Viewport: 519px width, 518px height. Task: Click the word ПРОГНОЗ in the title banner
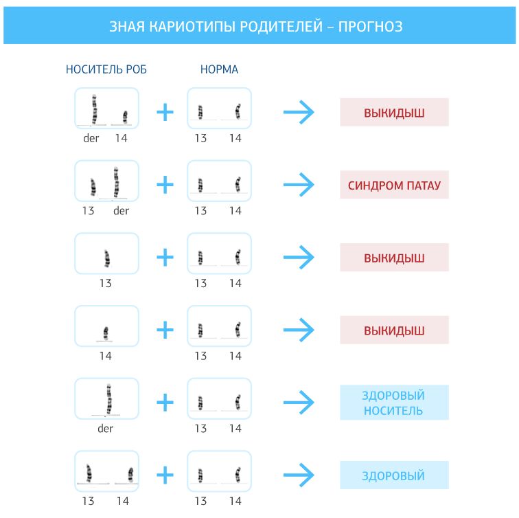(x=370, y=27)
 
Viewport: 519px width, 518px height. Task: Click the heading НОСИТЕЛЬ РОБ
(x=106, y=69)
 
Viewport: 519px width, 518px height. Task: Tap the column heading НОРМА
(x=219, y=69)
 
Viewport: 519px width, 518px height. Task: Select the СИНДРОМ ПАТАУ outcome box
(x=394, y=185)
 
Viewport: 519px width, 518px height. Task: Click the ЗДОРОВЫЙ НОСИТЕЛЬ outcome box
(x=394, y=403)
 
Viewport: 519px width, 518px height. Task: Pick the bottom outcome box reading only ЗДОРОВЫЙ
(x=394, y=475)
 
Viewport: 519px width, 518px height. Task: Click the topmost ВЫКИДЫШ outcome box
(x=394, y=112)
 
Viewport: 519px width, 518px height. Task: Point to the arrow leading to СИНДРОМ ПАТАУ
(x=299, y=185)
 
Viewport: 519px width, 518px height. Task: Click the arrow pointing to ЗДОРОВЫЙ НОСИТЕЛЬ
(x=299, y=402)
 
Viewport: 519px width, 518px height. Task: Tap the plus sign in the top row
(x=165, y=112)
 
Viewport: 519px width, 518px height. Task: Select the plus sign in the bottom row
(x=165, y=475)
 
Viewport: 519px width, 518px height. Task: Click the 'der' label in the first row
(x=91, y=138)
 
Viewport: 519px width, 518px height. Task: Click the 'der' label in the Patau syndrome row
(x=121, y=210)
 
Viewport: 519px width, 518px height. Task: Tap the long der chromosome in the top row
(x=94, y=109)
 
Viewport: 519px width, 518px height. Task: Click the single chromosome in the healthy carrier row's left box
(x=109, y=398)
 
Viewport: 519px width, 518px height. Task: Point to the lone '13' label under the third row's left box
(x=105, y=283)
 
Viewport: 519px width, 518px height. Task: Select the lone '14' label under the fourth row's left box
(x=105, y=356)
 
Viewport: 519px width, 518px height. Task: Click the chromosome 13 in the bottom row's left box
(x=89, y=473)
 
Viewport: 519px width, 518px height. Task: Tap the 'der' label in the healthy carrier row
(x=105, y=428)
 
